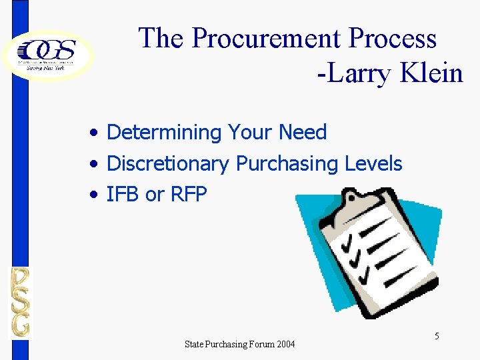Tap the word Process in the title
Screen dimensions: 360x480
(x=394, y=39)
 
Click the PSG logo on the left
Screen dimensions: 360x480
(x=20, y=302)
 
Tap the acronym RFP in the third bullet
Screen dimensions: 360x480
(x=189, y=194)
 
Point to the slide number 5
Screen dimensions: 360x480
(x=437, y=336)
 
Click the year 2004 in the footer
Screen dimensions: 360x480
(x=283, y=344)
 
